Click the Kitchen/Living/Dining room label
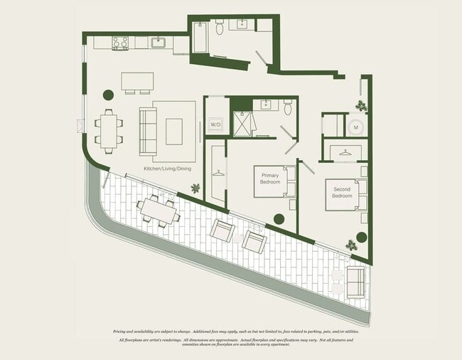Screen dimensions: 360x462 (167, 168)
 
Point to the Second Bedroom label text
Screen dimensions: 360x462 (342, 193)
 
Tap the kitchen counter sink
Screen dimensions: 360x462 (158, 43)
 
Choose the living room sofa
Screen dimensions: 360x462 (147, 131)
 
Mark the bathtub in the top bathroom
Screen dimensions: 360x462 (200, 39)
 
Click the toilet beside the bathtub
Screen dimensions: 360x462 (220, 28)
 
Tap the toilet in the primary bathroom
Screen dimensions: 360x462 (288, 107)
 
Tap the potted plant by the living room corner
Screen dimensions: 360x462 (195, 188)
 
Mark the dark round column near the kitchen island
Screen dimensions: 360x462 (109, 94)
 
